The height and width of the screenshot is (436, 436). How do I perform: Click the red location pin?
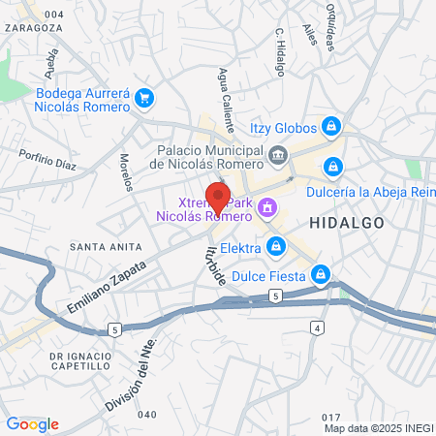point(218,198)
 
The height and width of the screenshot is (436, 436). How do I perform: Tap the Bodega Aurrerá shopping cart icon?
point(144,97)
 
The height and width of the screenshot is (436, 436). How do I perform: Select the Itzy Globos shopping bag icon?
point(331,127)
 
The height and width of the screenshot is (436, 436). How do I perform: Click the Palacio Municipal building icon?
point(279,155)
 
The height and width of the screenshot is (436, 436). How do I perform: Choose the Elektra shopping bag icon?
point(276,247)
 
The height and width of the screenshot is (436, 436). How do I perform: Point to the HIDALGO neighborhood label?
point(347,223)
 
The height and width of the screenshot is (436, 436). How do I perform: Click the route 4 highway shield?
point(317,328)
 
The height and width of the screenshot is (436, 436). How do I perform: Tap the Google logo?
point(32,423)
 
